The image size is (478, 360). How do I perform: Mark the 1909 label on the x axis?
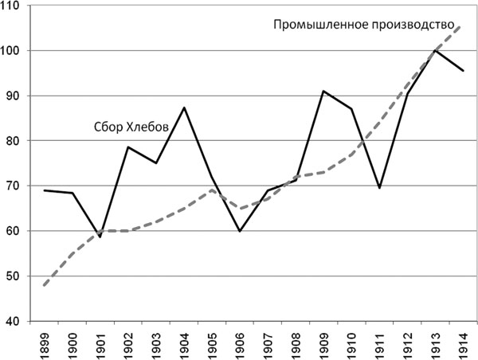coord(323,344)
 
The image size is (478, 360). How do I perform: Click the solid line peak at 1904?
coord(185,108)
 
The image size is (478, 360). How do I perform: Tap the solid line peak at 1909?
coord(323,91)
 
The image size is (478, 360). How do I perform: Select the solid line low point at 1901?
coord(99,237)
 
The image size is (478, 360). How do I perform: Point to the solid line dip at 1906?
coord(239,231)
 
